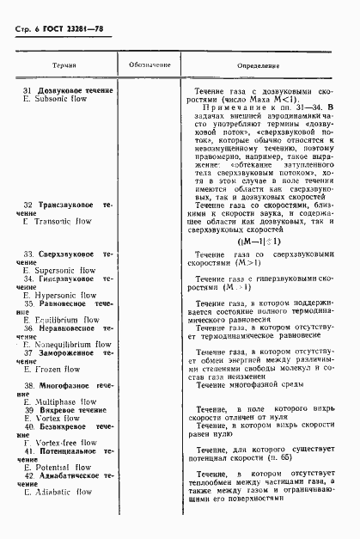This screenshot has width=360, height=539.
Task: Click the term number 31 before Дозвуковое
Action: coord(28,91)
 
